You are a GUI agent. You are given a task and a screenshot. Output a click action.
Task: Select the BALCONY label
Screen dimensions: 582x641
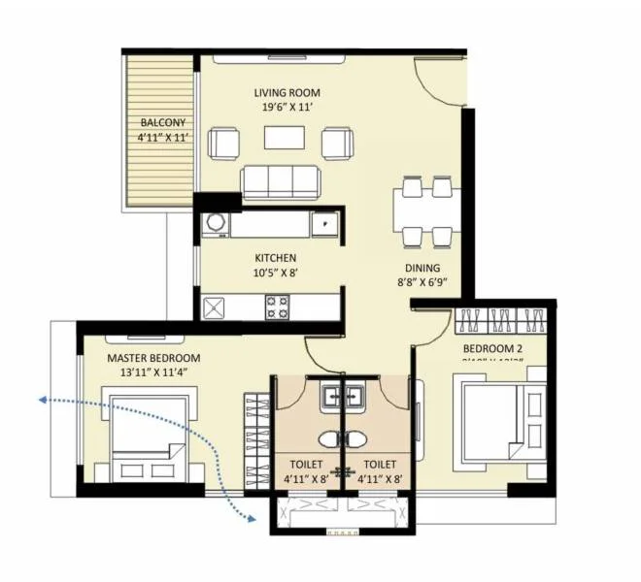(x=162, y=123)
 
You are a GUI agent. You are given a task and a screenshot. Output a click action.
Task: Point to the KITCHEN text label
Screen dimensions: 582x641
(x=275, y=258)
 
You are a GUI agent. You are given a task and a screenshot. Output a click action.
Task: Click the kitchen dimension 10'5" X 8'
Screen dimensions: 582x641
(x=275, y=273)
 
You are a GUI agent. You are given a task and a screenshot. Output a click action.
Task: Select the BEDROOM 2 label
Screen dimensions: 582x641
(x=493, y=348)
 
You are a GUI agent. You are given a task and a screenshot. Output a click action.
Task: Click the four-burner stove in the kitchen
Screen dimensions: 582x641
(x=277, y=307)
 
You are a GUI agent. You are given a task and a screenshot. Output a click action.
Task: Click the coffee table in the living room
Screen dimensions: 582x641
(x=286, y=138)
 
